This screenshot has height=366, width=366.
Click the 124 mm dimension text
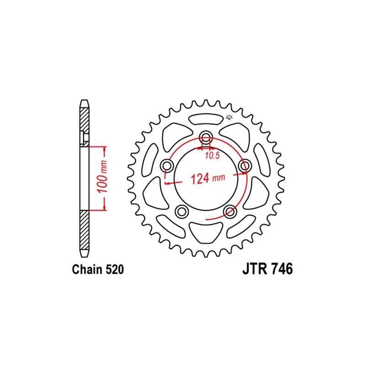coord(208,178)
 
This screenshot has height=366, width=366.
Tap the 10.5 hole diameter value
coord(212,156)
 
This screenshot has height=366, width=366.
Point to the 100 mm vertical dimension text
coord(102,177)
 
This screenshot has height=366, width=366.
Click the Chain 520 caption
coord(98,269)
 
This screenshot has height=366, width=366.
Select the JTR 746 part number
coord(268,269)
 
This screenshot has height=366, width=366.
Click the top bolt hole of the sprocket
coord(205,137)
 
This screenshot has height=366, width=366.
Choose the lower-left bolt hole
coord(182,212)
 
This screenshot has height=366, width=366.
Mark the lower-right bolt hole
coord(230,212)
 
